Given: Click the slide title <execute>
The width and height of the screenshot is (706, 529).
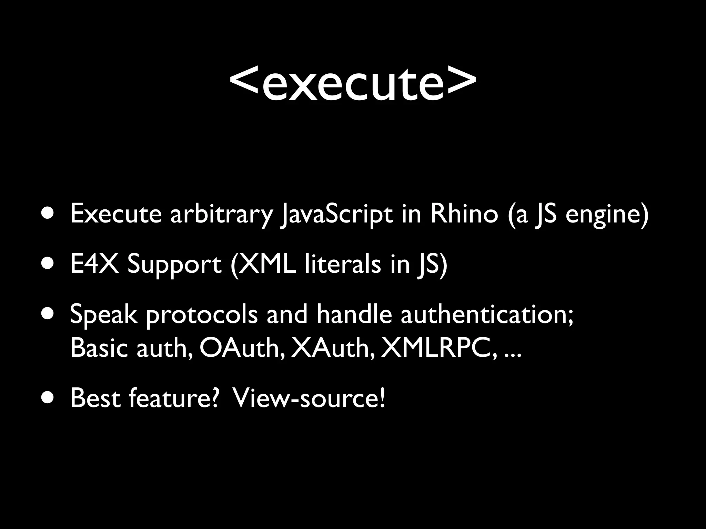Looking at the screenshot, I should tap(353, 83).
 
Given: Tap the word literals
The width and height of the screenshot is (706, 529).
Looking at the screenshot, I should tap(343, 264).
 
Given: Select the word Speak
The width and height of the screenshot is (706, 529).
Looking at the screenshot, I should tap(104, 315).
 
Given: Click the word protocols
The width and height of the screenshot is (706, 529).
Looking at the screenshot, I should tap(202, 315).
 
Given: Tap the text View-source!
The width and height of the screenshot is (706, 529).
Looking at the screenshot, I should tap(309, 398).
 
